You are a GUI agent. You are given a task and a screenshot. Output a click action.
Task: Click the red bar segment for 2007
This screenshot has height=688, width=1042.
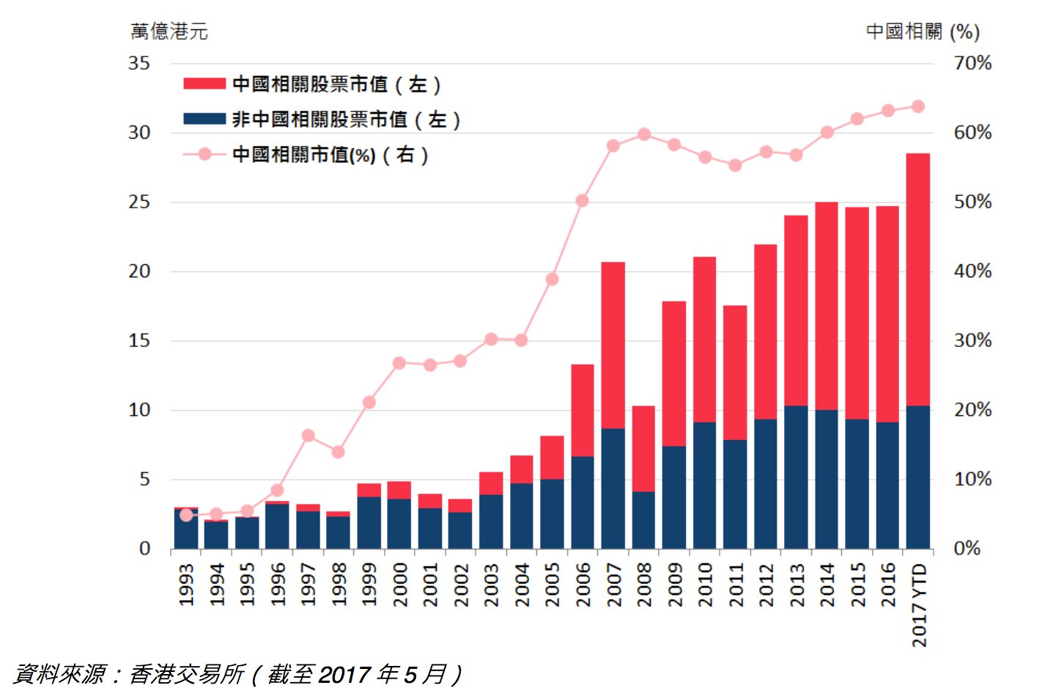click(613, 345)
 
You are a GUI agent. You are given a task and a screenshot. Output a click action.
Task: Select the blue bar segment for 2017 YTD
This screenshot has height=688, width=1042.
click(917, 477)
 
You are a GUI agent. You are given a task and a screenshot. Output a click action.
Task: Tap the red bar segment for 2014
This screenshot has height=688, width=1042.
click(827, 306)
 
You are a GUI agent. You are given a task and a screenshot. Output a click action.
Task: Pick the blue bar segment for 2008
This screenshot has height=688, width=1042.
click(643, 520)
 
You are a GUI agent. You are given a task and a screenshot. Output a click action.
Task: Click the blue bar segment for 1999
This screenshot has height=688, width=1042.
click(369, 522)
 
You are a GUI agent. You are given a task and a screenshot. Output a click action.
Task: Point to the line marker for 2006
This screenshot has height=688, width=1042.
click(583, 200)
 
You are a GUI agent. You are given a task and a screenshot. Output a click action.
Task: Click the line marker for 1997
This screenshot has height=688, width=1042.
click(308, 436)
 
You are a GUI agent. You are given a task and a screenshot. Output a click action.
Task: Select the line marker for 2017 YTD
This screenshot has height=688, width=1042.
click(917, 106)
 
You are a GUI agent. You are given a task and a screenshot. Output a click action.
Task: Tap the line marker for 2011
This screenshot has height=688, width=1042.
click(735, 166)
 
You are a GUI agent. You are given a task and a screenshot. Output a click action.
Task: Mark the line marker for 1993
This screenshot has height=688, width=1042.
click(186, 515)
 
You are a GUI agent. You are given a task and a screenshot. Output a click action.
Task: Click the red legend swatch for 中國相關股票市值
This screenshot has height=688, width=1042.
click(204, 84)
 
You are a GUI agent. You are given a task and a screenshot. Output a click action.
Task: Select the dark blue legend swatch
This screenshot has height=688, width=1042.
click(204, 119)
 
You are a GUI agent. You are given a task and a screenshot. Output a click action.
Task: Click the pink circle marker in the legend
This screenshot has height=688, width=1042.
click(204, 154)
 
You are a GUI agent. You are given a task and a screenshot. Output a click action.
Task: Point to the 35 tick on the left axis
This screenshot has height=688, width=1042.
click(139, 63)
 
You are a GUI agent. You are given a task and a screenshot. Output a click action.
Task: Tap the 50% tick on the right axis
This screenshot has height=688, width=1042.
click(972, 202)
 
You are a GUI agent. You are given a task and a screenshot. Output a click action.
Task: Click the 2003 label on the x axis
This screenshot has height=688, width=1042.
click(491, 585)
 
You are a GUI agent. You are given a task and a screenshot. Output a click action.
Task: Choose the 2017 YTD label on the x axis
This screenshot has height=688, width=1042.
click(919, 605)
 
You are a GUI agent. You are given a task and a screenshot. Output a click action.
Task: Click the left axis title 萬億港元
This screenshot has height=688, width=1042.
click(169, 32)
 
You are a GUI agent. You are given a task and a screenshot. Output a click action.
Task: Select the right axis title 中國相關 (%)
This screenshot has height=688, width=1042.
click(923, 32)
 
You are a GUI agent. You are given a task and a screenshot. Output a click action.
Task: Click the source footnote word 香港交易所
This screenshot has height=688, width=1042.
click(187, 673)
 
